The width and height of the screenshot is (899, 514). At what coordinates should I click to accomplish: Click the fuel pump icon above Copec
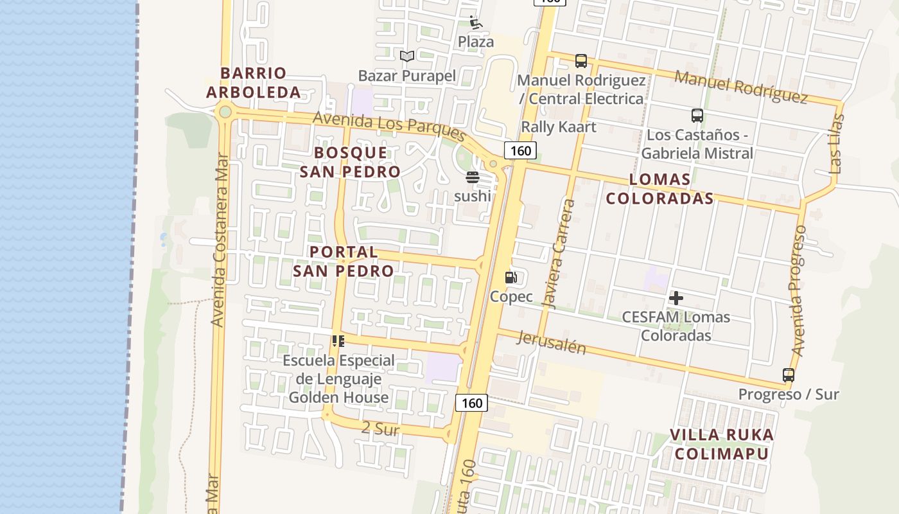point(511,278)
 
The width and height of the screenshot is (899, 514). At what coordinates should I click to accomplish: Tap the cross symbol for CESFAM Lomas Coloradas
point(676,298)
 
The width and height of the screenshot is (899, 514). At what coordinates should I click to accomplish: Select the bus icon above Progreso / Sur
point(788,375)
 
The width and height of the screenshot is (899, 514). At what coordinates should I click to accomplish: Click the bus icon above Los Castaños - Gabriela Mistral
point(697,116)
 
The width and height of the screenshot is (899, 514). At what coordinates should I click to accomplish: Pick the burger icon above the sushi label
point(473,177)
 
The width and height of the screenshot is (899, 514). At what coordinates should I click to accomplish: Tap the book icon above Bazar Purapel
point(406,57)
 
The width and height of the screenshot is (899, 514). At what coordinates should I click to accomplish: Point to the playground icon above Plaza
point(475,23)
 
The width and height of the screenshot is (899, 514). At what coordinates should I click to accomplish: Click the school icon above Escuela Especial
point(338,341)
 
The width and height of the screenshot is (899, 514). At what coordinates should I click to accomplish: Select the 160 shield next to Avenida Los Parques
point(520,151)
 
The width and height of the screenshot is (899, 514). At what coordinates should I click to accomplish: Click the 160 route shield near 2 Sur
point(471,403)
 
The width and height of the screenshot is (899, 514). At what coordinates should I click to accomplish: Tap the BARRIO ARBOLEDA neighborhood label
point(254,83)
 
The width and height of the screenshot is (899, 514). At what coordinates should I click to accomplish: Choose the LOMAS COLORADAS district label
point(659,189)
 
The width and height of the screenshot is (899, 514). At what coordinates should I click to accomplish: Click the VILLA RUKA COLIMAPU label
point(722,444)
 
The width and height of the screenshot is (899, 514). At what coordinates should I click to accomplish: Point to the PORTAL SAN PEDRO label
point(344,261)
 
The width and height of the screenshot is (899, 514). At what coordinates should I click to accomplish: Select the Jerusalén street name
point(551,343)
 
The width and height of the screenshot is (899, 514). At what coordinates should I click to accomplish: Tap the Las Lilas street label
point(836,144)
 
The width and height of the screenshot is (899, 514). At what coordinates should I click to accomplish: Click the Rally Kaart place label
point(558,127)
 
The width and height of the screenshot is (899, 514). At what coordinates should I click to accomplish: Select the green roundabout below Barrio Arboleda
point(225,112)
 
